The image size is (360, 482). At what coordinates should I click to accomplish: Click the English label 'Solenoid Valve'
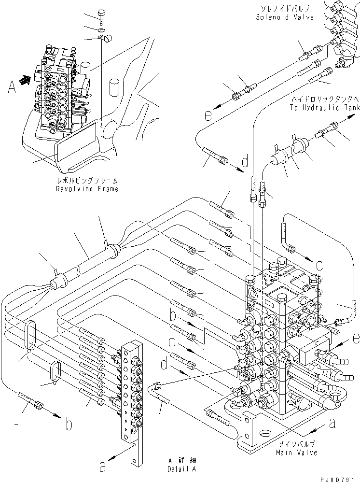(285, 17)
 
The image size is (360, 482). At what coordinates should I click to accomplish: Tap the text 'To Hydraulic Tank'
(324, 108)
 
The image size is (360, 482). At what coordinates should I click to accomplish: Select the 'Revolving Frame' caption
(86, 189)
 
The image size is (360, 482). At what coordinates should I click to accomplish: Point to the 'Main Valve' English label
(297, 452)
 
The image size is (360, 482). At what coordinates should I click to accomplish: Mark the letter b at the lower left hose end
(69, 425)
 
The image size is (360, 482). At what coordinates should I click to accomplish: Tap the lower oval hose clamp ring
(55, 373)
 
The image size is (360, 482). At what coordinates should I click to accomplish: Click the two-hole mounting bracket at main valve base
(249, 427)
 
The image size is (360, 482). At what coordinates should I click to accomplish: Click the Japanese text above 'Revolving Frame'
(86, 181)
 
